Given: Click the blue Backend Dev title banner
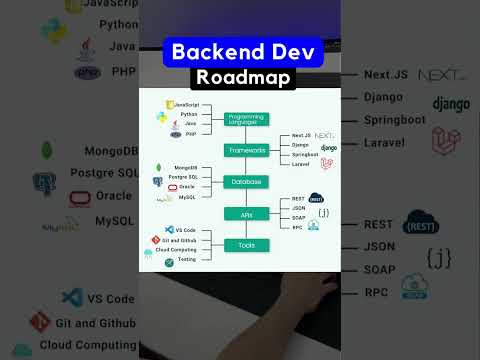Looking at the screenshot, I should [239, 51].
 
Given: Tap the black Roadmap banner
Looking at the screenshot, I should [239, 76].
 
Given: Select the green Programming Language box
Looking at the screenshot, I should [245, 118].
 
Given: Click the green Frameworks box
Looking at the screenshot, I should [245, 150].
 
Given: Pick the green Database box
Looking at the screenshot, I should [245, 182].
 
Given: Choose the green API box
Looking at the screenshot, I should [245, 214].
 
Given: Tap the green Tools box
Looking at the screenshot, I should [245, 245].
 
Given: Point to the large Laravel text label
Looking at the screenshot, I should [385, 142].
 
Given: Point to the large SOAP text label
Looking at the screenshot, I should [379, 270].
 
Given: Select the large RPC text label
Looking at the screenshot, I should [376, 292].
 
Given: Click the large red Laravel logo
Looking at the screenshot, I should [445, 145].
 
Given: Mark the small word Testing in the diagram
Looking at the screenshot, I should [185, 260].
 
